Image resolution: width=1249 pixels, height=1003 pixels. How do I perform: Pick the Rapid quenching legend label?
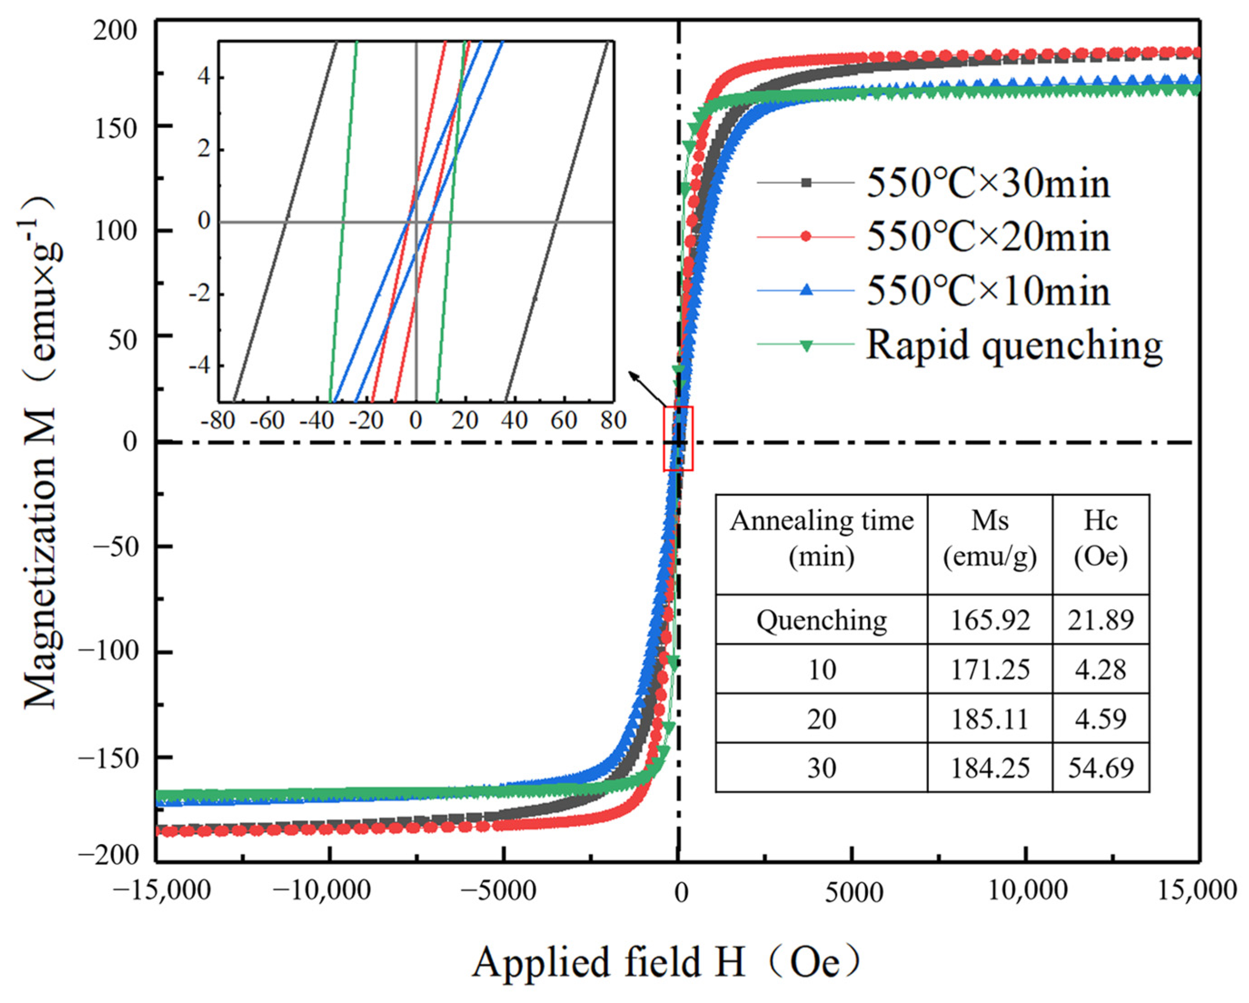pos(1014,345)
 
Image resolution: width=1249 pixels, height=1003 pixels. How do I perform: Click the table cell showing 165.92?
pos(990,621)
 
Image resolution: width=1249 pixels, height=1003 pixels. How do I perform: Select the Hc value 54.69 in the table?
pos(1100,768)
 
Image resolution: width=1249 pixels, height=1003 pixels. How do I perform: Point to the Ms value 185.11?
pos(990,719)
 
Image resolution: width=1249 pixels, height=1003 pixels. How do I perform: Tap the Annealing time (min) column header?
pos(822,539)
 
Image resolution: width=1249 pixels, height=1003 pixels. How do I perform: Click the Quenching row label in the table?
pos(822,621)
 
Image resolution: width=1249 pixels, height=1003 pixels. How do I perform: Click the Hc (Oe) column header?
pos(1100,539)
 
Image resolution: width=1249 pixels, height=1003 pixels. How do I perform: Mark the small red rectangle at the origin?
pos(678,439)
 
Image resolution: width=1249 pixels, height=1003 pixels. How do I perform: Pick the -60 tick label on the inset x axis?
pos(267,421)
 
